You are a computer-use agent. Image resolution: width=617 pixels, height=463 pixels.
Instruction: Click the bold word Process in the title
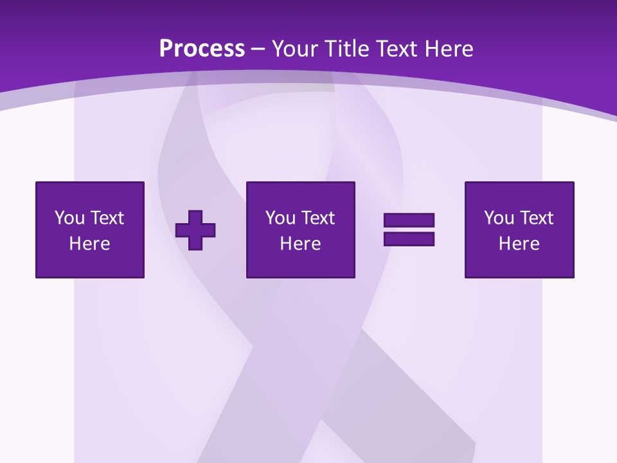point(202,49)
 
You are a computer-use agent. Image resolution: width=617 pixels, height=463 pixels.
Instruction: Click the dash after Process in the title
point(258,50)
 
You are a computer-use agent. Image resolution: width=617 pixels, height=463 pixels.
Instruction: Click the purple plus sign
point(195,230)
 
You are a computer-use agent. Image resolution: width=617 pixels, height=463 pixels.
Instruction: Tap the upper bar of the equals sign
point(409,220)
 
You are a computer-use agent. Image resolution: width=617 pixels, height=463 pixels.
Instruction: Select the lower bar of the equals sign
point(409,239)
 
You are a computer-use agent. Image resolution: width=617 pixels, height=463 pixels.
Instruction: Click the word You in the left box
point(69,218)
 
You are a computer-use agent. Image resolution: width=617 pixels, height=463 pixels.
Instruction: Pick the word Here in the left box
point(90,244)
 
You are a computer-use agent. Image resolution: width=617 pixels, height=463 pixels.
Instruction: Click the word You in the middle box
point(280,218)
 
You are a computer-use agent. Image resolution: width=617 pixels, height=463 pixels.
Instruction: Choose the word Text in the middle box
point(317,218)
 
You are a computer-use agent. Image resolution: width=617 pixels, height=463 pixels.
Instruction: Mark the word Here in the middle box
point(301,244)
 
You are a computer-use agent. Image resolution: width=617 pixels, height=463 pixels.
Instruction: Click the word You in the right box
point(499,218)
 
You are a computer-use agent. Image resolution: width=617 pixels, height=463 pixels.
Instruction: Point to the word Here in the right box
point(519,244)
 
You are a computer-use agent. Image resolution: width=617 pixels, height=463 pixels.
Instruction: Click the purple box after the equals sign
point(519,264)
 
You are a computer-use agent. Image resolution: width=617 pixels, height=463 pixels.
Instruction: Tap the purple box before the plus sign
point(90,264)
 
